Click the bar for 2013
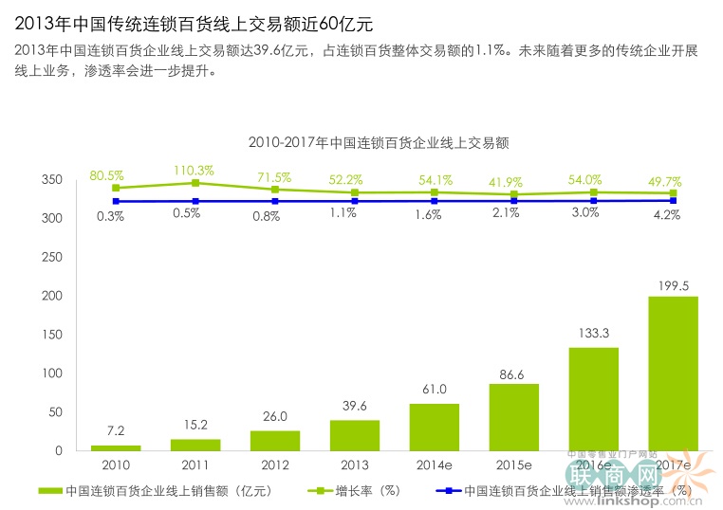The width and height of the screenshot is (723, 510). tap(355, 435)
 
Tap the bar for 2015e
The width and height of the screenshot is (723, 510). tap(513, 417)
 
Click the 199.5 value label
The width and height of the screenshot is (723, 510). tap(674, 285)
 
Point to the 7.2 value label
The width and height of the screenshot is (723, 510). tap(116, 432)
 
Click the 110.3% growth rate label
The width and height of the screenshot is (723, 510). tap(194, 171)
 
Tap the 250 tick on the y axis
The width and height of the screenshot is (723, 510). tap(55, 257)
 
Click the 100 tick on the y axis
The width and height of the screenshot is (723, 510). tap(55, 373)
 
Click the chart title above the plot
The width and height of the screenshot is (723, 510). tap(379, 143)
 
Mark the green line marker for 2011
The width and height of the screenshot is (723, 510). tap(195, 183)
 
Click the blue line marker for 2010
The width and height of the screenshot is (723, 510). tap(116, 201)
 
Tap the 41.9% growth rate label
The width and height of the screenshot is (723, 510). tap(513, 181)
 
